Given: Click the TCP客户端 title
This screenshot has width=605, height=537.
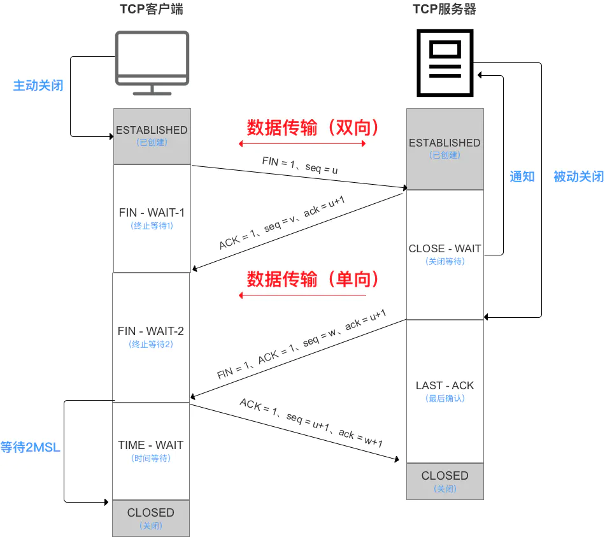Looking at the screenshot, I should coord(152,10).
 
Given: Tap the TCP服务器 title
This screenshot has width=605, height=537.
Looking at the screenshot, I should coord(445,10).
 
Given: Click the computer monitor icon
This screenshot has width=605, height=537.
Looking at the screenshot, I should coord(152,62).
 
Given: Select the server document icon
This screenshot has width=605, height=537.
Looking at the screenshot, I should coord(445,62).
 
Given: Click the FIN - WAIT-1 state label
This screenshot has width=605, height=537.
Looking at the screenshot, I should coord(152,213).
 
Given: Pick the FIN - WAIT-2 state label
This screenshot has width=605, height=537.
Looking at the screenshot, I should coord(151,331).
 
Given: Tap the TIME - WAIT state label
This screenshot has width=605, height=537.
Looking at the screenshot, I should coord(151,445).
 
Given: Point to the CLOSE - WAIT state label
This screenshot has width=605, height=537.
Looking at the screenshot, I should coord(445,249).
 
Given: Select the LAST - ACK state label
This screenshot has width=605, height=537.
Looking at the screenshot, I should coord(445,385).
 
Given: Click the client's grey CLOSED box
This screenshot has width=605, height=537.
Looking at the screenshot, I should coord(151,518).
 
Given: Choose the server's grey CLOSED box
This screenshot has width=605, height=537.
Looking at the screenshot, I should coord(445,481).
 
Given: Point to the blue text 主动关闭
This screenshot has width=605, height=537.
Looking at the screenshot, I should coord(38,85).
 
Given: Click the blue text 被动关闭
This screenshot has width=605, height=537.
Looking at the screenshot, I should coord(578,176).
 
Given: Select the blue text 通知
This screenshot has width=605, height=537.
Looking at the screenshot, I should coord(522,176).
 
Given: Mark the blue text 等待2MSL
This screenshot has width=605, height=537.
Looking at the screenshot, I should coord(31,447).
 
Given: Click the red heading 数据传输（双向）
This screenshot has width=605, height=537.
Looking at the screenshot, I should coord(313,128).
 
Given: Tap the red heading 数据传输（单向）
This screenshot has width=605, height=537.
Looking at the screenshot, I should coord(313,279).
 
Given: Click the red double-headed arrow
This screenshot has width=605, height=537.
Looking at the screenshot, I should coord(302,144).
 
